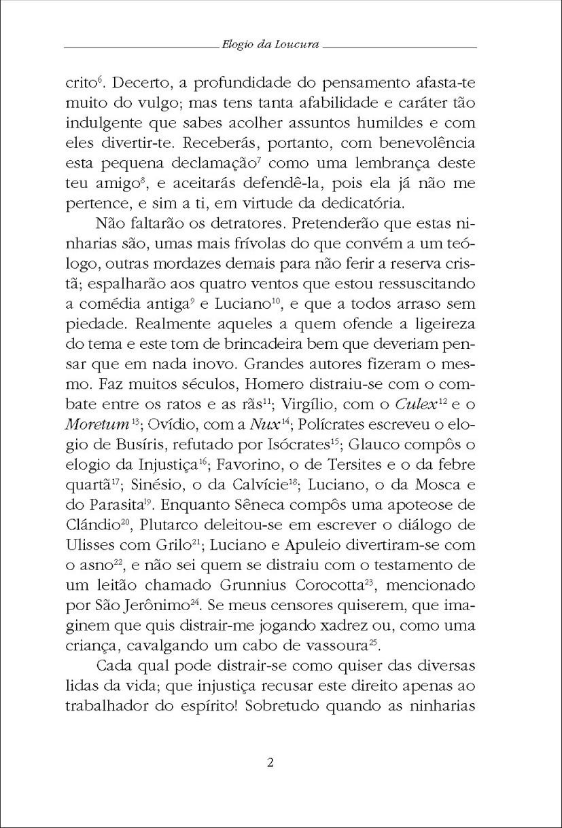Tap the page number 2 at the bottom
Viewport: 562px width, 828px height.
click(270, 761)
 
